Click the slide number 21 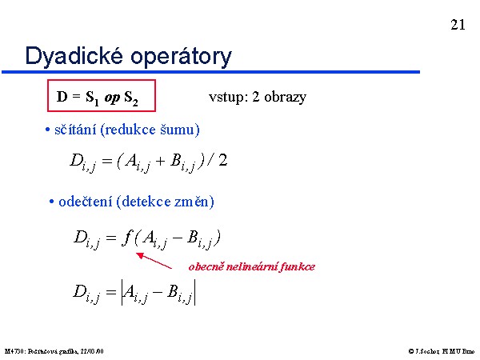coord(458,25)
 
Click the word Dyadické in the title coord(74,56)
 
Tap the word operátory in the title coord(181,58)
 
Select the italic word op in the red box coord(112,98)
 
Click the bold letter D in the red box coord(62,97)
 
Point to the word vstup coord(226,98)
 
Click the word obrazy coord(285,97)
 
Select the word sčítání coord(75,130)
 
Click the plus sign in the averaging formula coord(161,161)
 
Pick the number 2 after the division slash coord(223,160)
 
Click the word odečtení coord(85,202)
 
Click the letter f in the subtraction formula coord(126,237)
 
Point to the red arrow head coord(140,255)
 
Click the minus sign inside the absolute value coord(157,292)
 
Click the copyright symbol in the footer coord(411,351)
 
